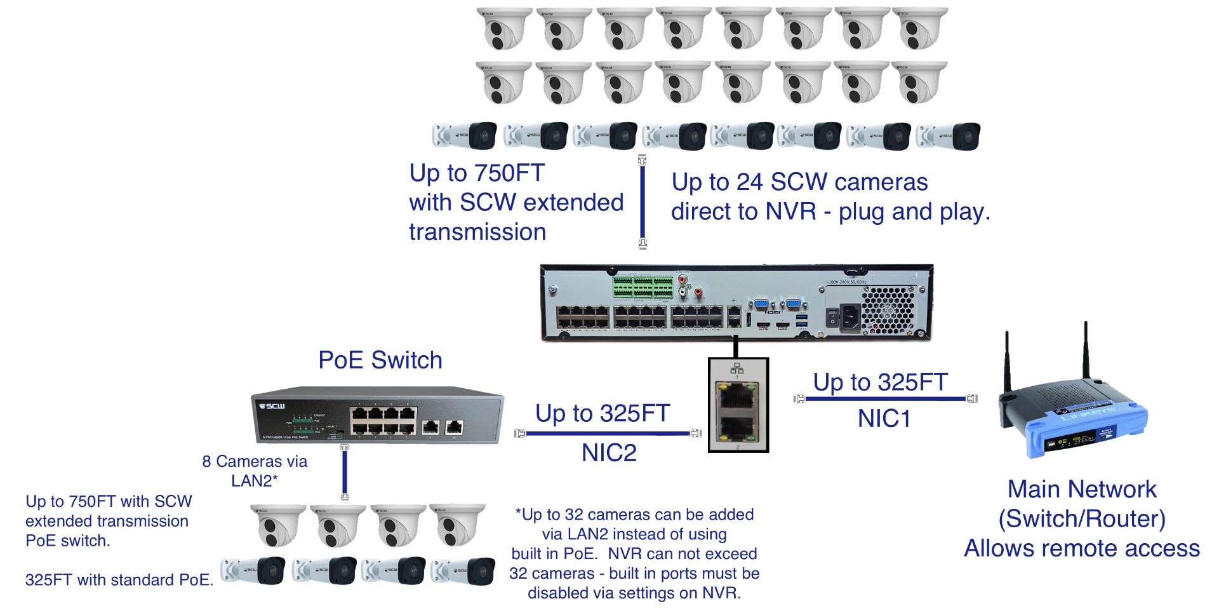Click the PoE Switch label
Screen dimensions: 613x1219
tap(380, 360)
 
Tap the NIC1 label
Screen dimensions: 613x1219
tap(884, 419)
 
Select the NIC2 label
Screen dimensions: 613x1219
tap(609, 453)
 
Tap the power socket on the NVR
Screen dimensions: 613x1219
tap(850, 317)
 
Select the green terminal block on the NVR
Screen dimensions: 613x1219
tap(643, 287)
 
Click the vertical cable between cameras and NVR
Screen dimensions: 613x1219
tap(643, 202)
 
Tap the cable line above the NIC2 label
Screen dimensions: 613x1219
tap(608, 433)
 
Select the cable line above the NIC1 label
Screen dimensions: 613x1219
tap(885, 399)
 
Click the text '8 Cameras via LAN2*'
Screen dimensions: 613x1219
tap(255, 471)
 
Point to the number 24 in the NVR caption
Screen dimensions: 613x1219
tap(749, 182)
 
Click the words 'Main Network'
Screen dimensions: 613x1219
tap(1082, 489)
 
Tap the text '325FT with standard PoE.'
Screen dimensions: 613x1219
tap(119, 580)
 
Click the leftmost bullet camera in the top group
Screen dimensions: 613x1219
tap(464, 136)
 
